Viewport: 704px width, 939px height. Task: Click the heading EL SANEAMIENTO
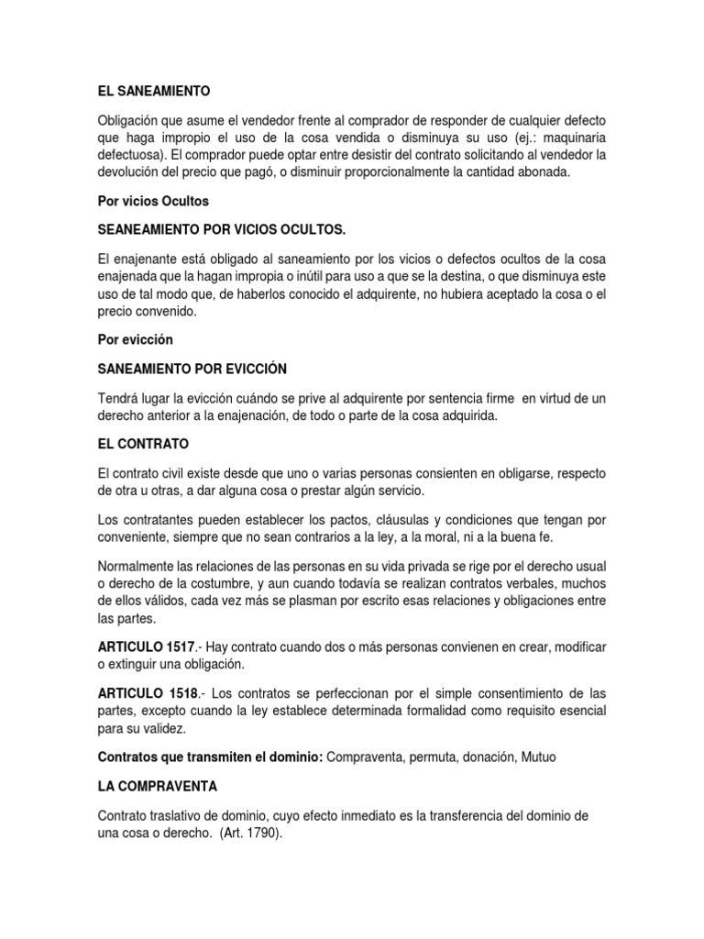point(154,91)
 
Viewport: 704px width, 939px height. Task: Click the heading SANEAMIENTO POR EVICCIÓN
point(192,369)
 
